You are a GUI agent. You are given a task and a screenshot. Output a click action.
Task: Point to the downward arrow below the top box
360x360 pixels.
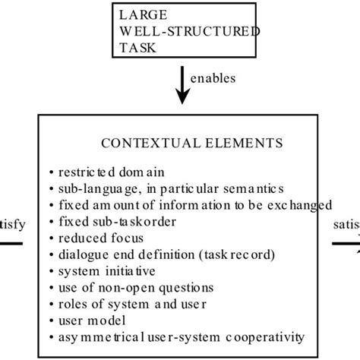click(x=182, y=86)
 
